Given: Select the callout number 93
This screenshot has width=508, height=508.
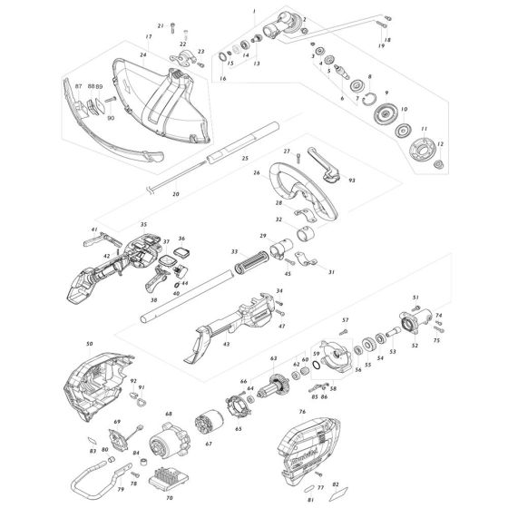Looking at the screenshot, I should [x=351, y=181].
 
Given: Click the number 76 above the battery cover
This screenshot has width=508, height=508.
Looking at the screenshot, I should [x=302, y=412].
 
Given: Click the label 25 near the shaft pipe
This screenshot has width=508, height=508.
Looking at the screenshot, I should [x=244, y=159].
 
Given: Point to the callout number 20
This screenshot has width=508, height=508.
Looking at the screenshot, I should [x=176, y=194].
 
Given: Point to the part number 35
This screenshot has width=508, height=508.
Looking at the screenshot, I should [x=143, y=224].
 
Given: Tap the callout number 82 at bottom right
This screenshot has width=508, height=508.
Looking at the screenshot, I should [x=337, y=484].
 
